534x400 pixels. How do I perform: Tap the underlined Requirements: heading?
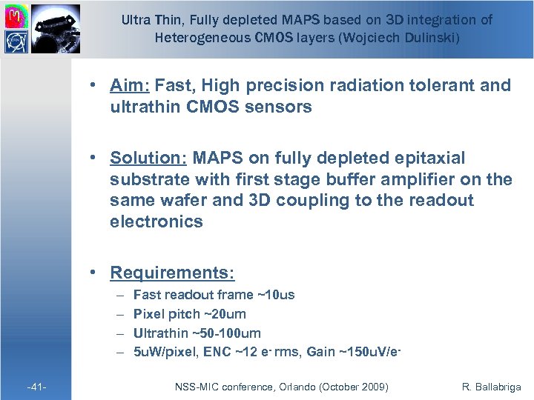[172, 273]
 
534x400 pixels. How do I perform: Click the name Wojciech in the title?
[369, 36]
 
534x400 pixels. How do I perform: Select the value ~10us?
[275, 295]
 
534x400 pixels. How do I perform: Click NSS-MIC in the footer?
[196, 387]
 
